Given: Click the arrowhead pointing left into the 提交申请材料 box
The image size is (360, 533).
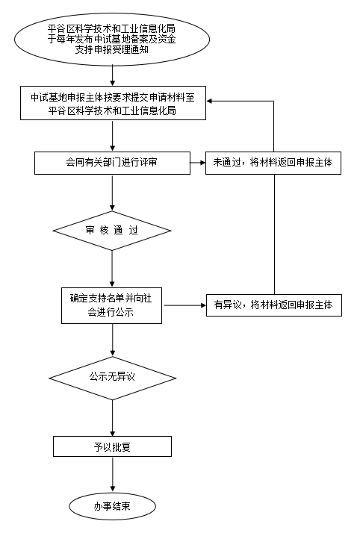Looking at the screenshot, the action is click(x=209, y=101).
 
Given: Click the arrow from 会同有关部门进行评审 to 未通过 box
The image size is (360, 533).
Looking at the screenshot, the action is click(x=198, y=163).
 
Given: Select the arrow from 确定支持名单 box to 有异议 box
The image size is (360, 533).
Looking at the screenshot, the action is click(x=185, y=305).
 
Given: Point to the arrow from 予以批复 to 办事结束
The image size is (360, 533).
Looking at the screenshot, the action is click(x=113, y=474).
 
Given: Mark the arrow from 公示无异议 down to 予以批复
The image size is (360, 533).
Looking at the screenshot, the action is click(x=113, y=418).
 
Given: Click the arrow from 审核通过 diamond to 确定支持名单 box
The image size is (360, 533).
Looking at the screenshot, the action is click(x=113, y=269).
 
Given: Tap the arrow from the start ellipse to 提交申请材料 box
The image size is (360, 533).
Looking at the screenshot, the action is click(x=113, y=76).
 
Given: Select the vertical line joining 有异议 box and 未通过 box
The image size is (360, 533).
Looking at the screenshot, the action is click(x=274, y=234).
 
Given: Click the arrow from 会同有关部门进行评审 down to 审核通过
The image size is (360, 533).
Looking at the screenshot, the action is click(x=113, y=193).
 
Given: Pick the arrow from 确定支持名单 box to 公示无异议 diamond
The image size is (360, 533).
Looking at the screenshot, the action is click(x=113, y=340).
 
